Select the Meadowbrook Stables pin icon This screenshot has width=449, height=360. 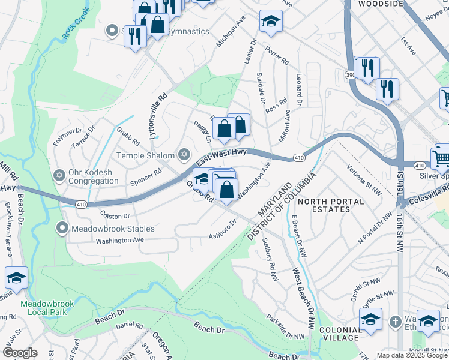(62, 229)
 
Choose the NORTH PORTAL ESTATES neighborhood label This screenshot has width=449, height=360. (324, 205)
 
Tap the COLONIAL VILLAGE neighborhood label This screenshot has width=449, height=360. (340, 334)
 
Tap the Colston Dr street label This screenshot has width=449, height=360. (115, 215)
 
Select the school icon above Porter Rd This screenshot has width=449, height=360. (271, 22)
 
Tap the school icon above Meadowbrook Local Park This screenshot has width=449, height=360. (16, 277)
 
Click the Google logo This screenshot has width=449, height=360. (20, 353)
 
